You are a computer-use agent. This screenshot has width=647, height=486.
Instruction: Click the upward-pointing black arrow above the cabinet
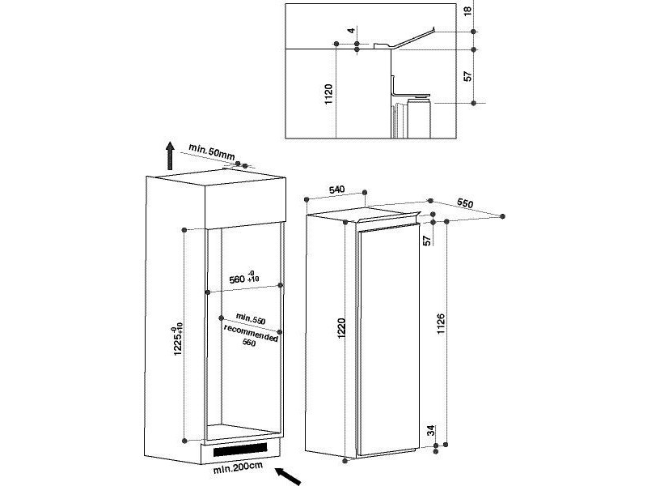point(170,156)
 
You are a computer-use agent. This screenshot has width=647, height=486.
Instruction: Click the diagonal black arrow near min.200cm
point(288,475)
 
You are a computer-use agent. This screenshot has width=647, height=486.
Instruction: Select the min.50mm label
point(212,151)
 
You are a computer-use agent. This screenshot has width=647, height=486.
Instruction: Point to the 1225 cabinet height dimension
point(177,339)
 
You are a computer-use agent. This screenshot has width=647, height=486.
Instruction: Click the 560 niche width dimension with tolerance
point(244,278)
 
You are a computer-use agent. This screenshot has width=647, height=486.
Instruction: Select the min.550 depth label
point(251,318)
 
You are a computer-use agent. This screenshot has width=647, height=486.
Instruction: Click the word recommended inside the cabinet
point(251,333)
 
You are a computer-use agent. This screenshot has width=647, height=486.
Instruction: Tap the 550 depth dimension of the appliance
point(465,203)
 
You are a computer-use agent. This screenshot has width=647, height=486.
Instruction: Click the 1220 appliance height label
point(341,329)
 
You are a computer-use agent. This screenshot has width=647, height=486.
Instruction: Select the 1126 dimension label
point(441,323)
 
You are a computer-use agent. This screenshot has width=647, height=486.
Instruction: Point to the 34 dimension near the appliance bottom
point(431,431)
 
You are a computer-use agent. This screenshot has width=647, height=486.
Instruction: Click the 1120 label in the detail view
point(328,94)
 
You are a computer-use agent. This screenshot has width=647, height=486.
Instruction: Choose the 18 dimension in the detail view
point(467,11)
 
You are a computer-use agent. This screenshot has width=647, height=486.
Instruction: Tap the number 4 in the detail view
point(351,31)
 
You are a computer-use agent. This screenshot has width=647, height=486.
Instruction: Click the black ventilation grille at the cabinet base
point(240,450)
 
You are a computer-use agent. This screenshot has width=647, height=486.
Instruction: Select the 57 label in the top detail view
point(467,76)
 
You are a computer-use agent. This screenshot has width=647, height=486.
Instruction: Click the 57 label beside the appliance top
point(428,240)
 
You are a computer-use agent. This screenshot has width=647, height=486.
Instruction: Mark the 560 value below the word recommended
point(249,343)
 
